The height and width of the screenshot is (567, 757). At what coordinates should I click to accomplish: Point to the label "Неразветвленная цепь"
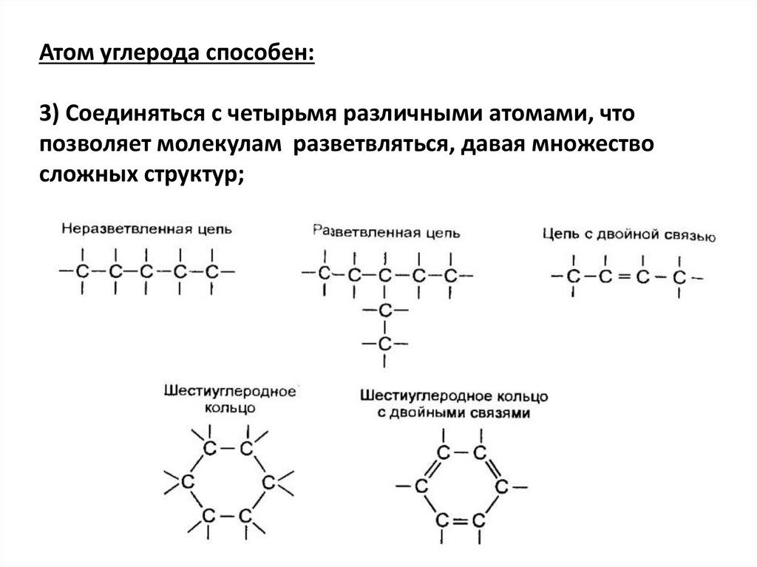(x=146, y=228)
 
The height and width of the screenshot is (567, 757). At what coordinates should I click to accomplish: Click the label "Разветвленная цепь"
(x=387, y=232)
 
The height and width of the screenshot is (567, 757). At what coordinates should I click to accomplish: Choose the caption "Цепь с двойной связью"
(x=628, y=236)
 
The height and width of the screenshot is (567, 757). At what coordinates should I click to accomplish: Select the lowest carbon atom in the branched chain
(x=384, y=344)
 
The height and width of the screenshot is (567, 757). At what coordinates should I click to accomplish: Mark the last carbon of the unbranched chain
(x=212, y=272)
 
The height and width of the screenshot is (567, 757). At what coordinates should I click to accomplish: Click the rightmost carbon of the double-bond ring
(x=500, y=487)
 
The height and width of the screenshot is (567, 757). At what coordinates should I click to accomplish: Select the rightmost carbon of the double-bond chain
(x=678, y=278)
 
